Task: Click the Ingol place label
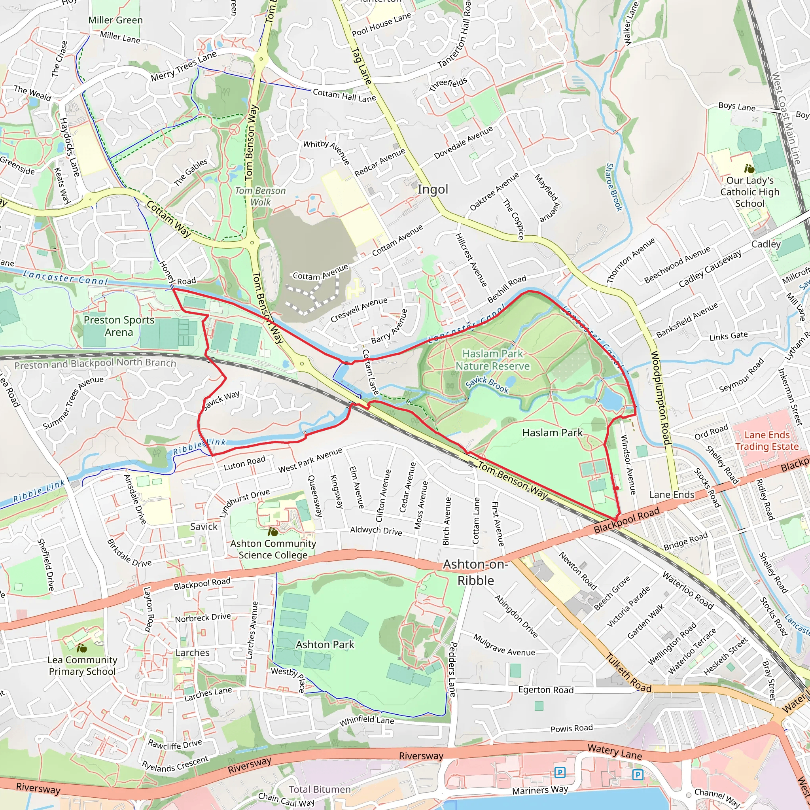pos(433,189)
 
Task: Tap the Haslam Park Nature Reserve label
pos(493,360)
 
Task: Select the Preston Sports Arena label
pos(119,326)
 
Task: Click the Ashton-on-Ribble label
pos(475,572)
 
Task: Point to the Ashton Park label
pos(325,644)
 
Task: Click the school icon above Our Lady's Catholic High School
pos(749,169)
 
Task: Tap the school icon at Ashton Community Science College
pos(273,532)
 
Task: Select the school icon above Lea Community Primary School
pos(82,648)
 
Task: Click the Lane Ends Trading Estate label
pos(767,441)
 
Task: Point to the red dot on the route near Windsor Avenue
pos(616,488)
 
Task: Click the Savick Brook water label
pos(487,384)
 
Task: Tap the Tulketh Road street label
pos(628,673)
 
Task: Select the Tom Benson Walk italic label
pos(260,196)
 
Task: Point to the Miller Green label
pos(115,20)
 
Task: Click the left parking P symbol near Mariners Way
pos(560,772)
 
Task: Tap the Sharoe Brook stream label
pos(614,187)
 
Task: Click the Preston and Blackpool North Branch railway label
pos(95,363)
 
